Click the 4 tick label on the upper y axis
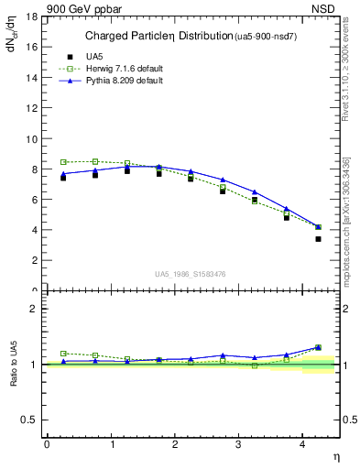pyautogui.click(x=34, y=230)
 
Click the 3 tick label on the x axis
pyautogui.click(x=238, y=444)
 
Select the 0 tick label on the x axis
pyautogui.click(x=47, y=444)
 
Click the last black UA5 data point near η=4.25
pyautogui.click(x=318, y=239)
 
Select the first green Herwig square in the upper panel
pyautogui.click(x=63, y=162)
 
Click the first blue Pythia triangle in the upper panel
pyautogui.click(x=63, y=173)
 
